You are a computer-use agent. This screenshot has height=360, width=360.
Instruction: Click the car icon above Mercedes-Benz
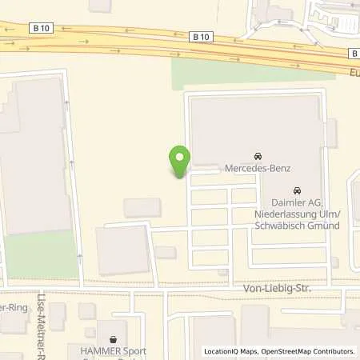pos(258,155)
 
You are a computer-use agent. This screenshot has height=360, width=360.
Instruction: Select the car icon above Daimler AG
pos(297,191)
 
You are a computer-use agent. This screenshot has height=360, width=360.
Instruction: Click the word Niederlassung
pos(283,214)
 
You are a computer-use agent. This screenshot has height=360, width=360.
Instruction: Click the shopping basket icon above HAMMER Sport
pos(112,338)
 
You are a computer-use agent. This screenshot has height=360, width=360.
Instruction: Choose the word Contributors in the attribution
pos(333,351)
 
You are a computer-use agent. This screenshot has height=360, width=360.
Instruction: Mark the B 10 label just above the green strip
pos(201,36)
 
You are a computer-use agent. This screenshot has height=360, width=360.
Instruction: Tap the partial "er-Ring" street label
pos(13,308)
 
